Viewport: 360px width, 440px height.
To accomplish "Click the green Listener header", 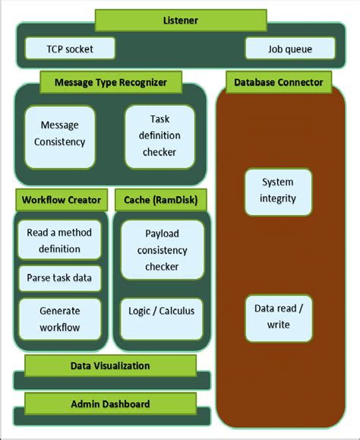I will (180, 20).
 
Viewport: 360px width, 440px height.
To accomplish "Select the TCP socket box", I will (70, 49).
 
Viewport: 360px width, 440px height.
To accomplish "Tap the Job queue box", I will (290, 49).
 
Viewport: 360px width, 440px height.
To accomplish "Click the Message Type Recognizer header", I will (110, 81).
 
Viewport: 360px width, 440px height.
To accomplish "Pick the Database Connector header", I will (278, 81).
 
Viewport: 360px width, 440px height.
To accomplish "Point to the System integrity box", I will (276, 191).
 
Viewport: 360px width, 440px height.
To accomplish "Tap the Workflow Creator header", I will (62, 201).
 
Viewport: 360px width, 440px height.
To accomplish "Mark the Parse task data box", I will (58, 277).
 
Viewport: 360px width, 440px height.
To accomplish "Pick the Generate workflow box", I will (58, 319).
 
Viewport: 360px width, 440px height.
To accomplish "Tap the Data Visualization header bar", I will (110, 366).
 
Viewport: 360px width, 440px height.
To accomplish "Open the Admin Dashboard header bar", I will (110, 404).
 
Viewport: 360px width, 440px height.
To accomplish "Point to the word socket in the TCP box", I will (81, 49).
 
